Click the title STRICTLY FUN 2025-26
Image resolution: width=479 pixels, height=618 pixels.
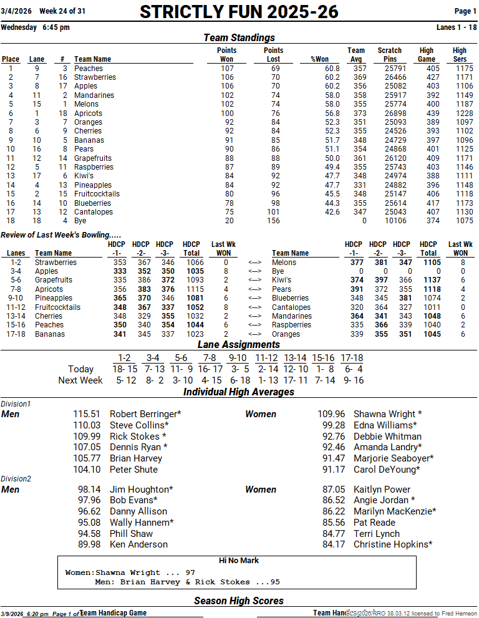click(x=239, y=12)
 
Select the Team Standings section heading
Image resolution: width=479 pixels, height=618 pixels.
click(x=239, y=38)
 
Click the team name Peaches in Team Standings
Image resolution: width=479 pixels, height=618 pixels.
click(x=89, y=69)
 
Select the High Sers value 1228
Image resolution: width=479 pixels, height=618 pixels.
click(x=463, y=113)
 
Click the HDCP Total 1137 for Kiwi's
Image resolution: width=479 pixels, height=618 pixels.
click(x=428, y=281)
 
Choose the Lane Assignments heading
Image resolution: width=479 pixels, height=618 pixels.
click(x=239, y=344)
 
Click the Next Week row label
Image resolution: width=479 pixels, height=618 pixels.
click(x=80, y=380)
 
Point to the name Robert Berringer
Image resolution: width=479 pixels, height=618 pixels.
click(x=143, y=414)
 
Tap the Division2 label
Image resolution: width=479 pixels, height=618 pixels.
click(x=16, y=479)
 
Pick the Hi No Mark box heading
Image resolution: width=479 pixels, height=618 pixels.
click(x=239, y=561)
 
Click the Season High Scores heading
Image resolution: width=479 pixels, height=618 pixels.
click(x=239, y=601)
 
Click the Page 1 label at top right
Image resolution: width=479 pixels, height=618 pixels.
click(x=465, y=11)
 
